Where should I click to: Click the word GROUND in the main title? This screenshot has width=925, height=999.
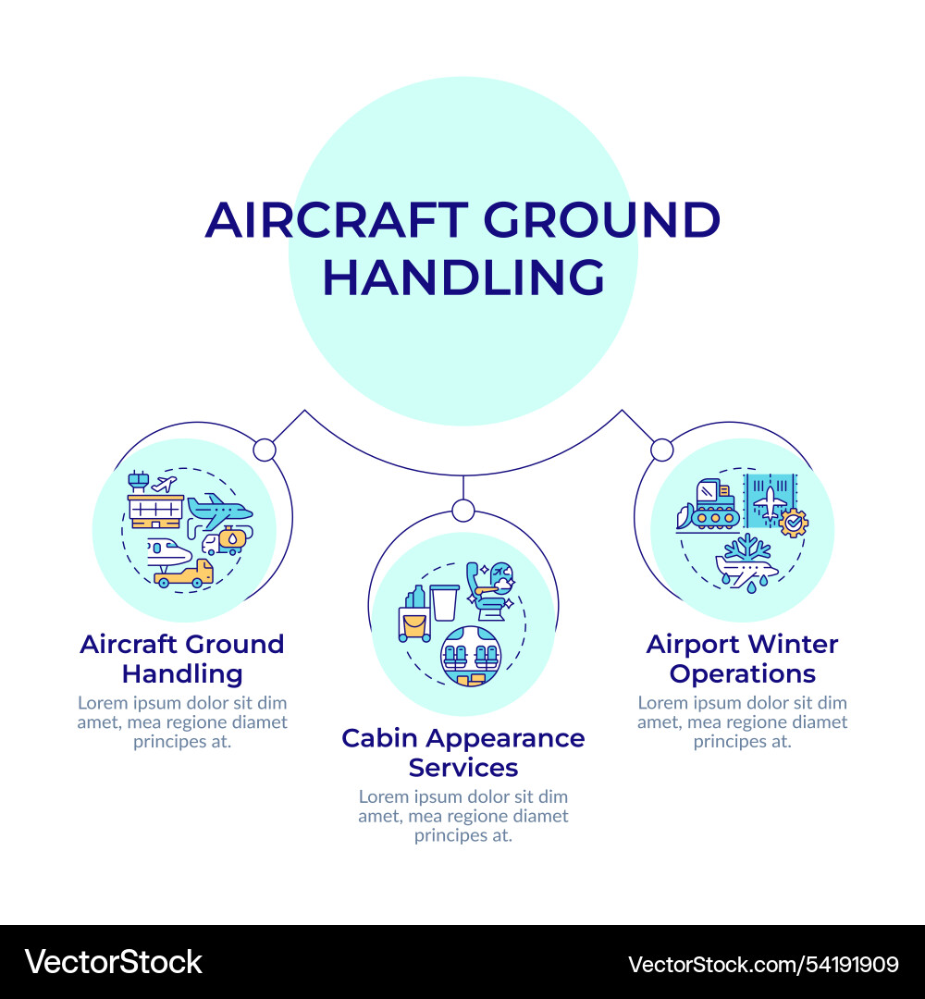pos(600,220)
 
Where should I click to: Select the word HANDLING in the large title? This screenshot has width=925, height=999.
pos(463,277)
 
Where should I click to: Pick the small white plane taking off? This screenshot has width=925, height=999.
pos(165,484)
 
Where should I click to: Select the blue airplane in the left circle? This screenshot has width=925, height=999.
pos(219,510)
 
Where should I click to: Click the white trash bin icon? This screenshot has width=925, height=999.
pos(444,602)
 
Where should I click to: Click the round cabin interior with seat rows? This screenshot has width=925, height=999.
pos(466,656)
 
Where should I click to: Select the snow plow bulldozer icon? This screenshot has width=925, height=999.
pos(708,508)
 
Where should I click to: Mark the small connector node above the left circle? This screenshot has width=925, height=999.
pos(265,450)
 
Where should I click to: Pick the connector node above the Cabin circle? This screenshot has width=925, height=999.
pos(463,510)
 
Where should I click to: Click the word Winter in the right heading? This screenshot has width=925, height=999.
pos(792,644)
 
